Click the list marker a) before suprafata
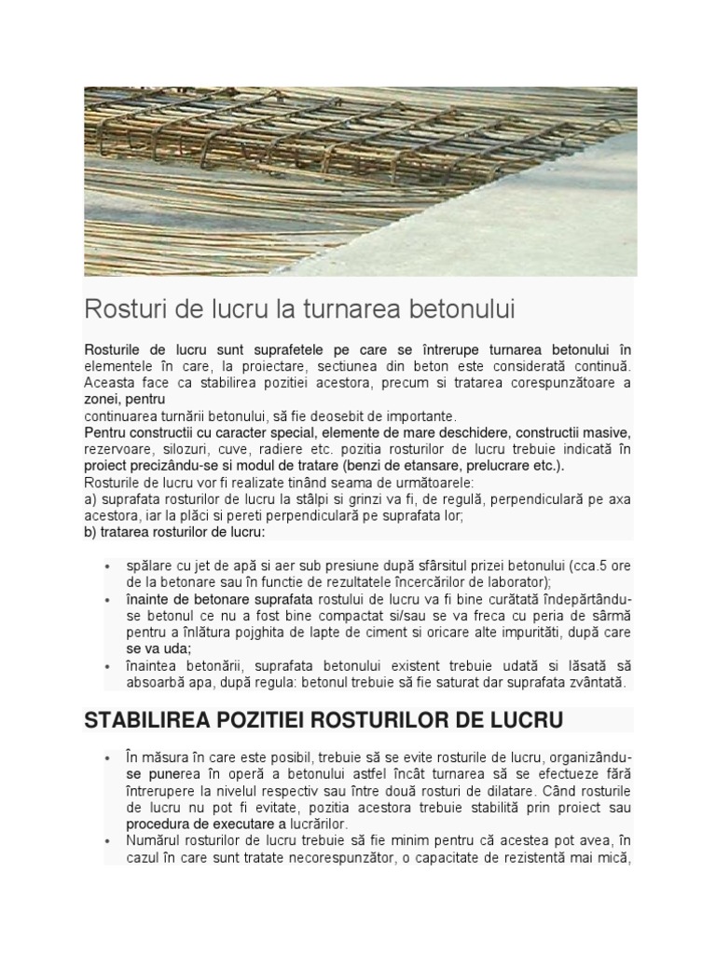(x=90, y=500)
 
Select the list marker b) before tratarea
(x=90, y=533)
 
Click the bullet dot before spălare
(x=109, y=566)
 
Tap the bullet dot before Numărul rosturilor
(x=109, y=841)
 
